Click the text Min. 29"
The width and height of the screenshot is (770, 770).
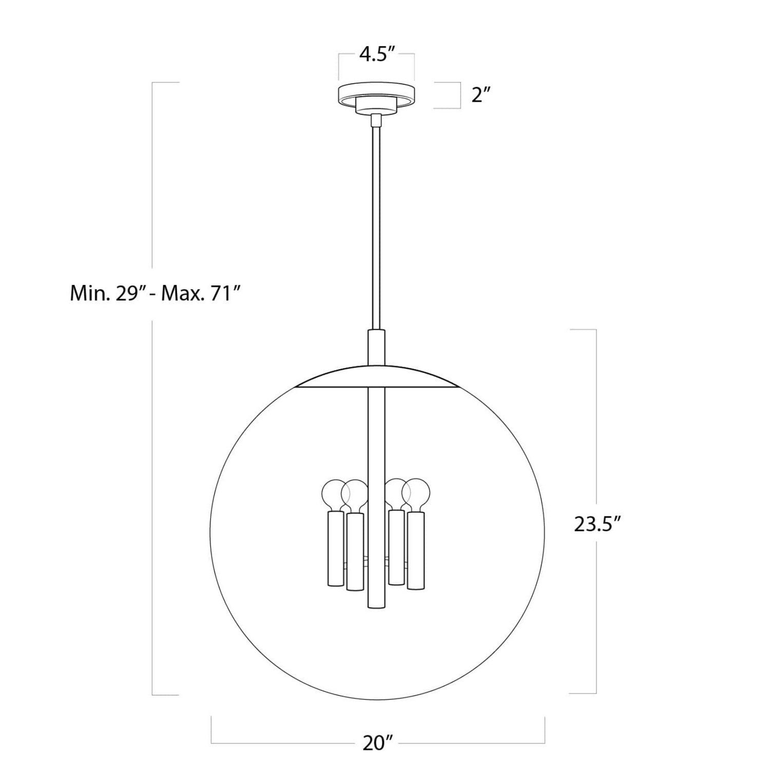[110, 294]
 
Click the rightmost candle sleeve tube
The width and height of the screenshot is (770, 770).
[416, 550]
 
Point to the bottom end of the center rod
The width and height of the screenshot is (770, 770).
[377, 606]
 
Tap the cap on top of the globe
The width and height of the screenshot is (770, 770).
[377, 377]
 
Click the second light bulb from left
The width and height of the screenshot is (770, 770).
[354, 493]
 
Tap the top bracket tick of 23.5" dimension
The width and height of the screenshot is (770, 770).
[583, 330]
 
